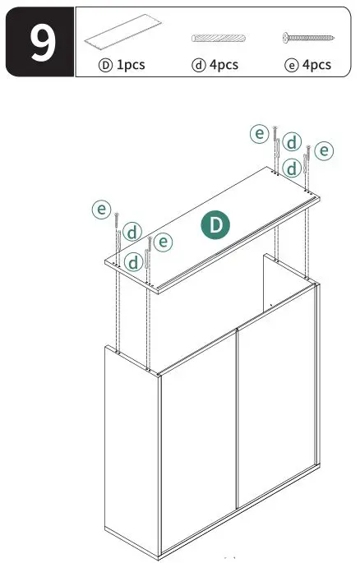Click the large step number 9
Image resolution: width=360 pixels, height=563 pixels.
point(39,43)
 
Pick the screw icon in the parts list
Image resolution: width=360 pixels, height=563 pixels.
point(307,38)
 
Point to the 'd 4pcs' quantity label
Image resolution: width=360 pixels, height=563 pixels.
point(215,64)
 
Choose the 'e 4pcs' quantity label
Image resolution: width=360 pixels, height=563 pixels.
point(307,64)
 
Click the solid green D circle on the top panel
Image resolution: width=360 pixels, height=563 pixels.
point(216,224)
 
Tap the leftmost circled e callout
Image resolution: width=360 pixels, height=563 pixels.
point(101,210)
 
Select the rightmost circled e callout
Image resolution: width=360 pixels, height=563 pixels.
point(325,150)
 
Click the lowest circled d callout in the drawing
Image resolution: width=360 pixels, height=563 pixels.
point(134,262)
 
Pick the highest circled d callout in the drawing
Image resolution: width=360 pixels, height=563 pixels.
point(292,141)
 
